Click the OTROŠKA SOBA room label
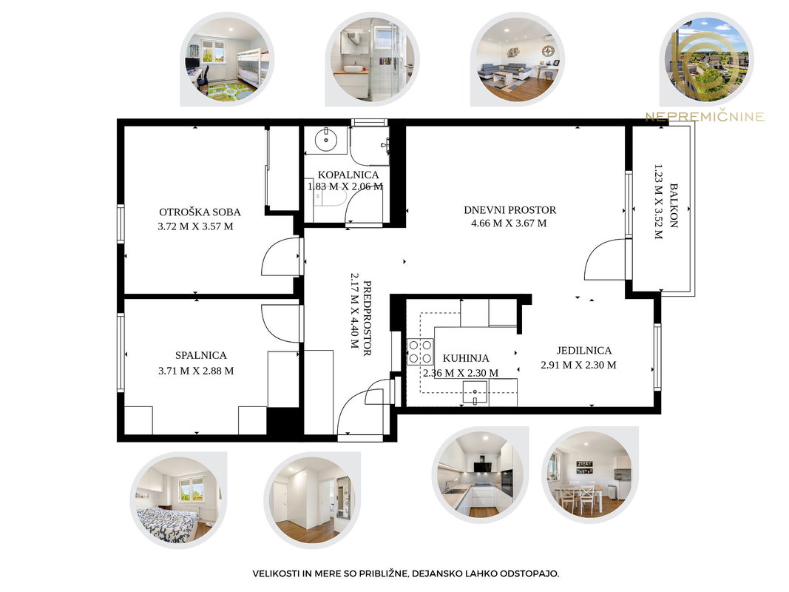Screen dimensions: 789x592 pyautogui.click(x=200, y=212)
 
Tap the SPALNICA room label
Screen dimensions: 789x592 pyautogui.click(x=201, y=355)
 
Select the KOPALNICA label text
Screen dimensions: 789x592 pyautogui.click(x=348, y=175)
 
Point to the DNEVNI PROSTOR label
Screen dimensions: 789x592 pyautogui.click(x=509, y=210)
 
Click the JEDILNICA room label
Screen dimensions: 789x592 pyautogui.click(x=583, y=350)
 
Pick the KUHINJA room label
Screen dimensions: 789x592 pyautogui.click(x=465, y=358)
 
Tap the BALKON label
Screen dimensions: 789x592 pyautogui.click(x=674, y=206)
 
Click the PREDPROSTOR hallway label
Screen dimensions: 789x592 pyautogui.click(x=367, y=318)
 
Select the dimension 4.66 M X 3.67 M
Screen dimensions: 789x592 pyautogui.click(x=509, y=223)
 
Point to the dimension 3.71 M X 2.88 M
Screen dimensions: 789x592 pyautogui.click(x=196, y=371)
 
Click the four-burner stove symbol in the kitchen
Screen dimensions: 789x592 pyautogui.click(x=420, y=351)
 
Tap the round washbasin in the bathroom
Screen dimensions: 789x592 pyautogui.click(x=326, y=140)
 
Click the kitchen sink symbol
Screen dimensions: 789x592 pyautogui.click(x=475, y=393)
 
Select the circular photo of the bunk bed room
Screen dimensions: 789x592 pyautogui.click(x=227, y=59)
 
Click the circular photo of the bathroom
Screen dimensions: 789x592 pyautogui.click(x=373, y=59)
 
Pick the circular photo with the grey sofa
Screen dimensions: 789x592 pyautogui.click(x=518, y=59)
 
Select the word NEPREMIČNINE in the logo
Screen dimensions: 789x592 pyautogui.click(x=705, y=118)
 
